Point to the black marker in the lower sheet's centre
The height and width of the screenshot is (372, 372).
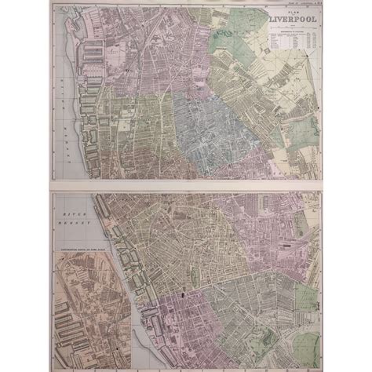pos(183,295)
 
